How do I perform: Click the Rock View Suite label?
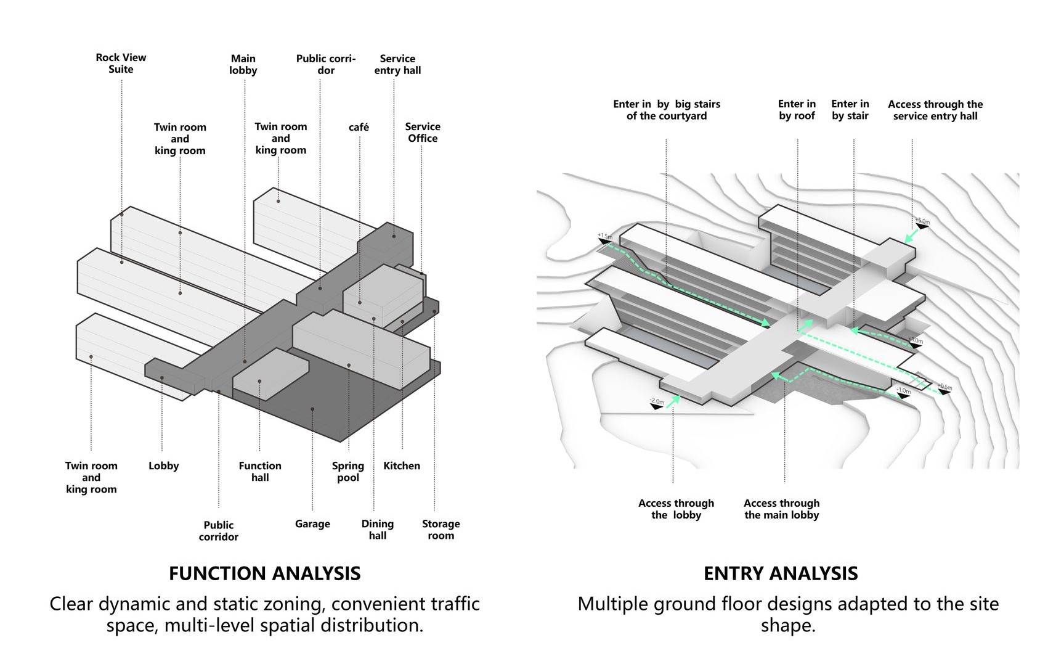coord(121,64)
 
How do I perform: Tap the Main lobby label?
coord(243,65)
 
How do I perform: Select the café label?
coord(359,127)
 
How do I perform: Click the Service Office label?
coord(423,133)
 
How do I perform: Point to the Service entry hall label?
coord(397,65)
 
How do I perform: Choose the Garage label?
coord(312,524)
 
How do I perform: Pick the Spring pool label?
coord(348,472)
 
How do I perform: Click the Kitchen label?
coord(402,466)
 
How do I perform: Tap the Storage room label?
coord(441,530)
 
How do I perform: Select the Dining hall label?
coord(378,530)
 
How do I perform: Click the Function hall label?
coord(260,472)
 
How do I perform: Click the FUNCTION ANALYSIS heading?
coord(265,573)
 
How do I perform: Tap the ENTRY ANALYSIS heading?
coord(781,573)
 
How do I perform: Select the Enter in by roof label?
coord(797,110)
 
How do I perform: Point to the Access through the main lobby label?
coord(782,509)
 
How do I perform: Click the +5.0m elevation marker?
coord(922,221)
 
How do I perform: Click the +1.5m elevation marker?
coord(604,237)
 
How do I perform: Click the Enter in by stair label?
coord(850,110)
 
